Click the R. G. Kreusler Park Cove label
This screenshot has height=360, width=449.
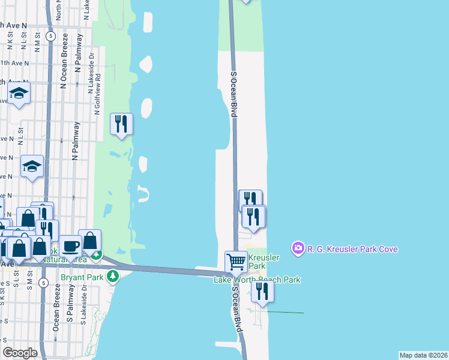point(352,249)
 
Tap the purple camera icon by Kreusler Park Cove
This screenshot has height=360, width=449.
point(297,248)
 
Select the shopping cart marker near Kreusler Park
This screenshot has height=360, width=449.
point(236,261)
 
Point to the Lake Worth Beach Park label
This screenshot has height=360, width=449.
point(257,280)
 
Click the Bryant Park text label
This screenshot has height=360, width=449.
point(82,278)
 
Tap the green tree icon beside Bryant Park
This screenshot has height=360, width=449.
point(112,276)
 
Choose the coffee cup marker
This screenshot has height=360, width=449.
point(70,245)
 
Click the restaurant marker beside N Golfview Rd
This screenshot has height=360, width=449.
point(121,124)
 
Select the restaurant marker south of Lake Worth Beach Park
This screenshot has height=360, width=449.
point(262,291)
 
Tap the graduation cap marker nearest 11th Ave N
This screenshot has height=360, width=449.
point(19,94)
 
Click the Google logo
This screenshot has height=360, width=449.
point(20,353)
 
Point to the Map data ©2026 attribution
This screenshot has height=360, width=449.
point(423,355)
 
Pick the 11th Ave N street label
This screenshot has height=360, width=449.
point(13,62)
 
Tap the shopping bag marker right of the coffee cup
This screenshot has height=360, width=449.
point(89,241)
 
